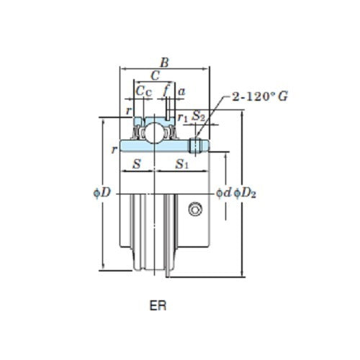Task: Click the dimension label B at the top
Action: tap(164, 63)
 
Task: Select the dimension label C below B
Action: tap(155, 76)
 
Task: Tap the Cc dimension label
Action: tap(143, 91)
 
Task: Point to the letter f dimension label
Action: tap(166, 91)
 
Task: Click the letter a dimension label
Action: tap(181, 91)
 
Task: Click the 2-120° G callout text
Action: tap(259, 96)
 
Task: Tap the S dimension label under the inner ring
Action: tap(138, 164)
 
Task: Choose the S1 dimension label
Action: tap(184, 164)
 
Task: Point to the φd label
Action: tap(224, 193)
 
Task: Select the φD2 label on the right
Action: tap(246, 194)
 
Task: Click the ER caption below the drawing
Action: tap(158, 305)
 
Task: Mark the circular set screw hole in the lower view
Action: tap(194, 209)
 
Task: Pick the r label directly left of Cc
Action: tap(127, 110)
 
